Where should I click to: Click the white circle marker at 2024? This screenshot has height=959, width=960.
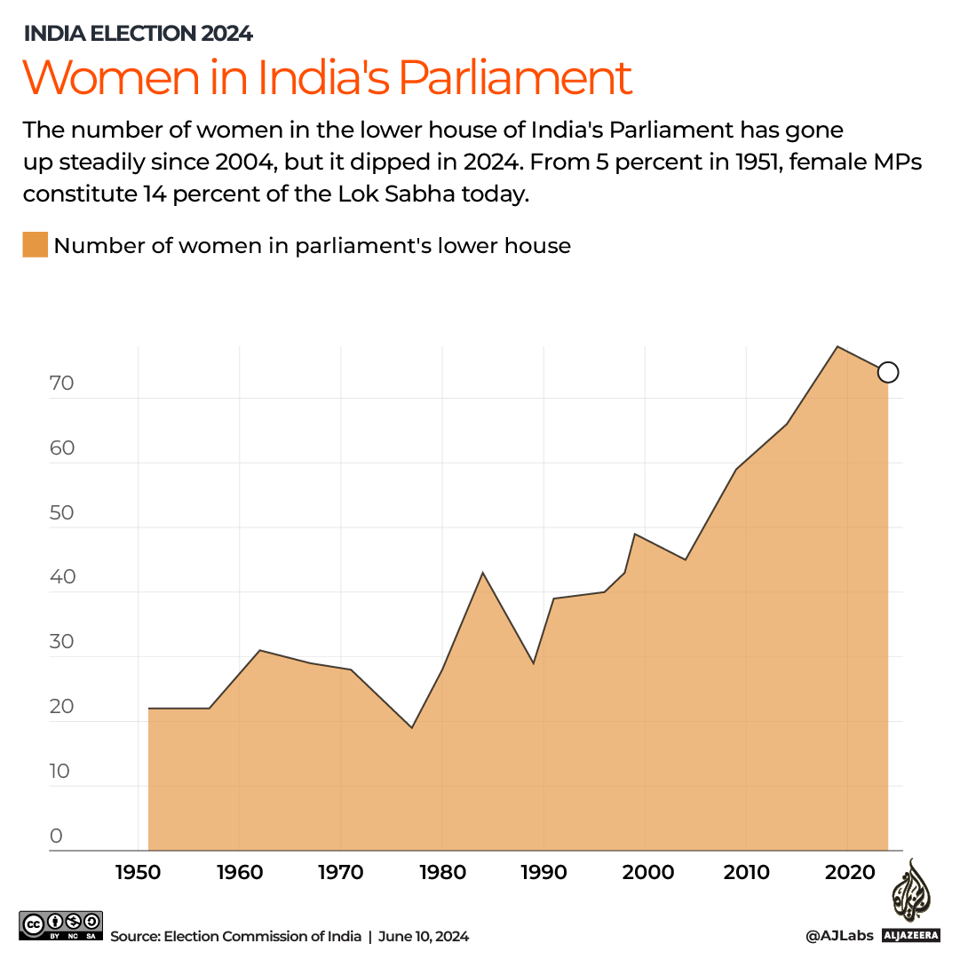click(x=888, y=372)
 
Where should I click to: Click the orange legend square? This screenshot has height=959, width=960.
click(x=35, y=245)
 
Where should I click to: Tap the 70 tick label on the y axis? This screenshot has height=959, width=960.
click(x=61, y=384)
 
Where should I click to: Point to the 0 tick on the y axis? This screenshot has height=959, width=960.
click(x=56, y=836)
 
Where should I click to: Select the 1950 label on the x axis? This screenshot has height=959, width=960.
click(x=138, y=873)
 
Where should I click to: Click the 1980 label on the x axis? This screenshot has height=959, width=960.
click(x=442, y=873)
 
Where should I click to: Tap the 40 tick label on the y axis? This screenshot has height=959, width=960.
click(x=61, y=577)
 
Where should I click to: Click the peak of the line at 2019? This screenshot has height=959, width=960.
click(x=837, y=346)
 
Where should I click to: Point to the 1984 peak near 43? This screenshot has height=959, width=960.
click(x=482, y=573)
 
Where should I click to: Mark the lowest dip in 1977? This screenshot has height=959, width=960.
click(x=411, y=728)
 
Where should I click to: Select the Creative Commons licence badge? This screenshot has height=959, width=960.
click(x=60, y=924)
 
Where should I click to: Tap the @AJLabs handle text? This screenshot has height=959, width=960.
click(x=839, y=936)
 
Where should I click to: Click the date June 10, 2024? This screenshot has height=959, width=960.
click(x=424, y=936)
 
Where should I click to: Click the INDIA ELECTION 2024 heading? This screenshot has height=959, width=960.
click(x=138, y=34)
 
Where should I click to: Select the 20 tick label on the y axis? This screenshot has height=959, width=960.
click(x=61, y=707)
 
